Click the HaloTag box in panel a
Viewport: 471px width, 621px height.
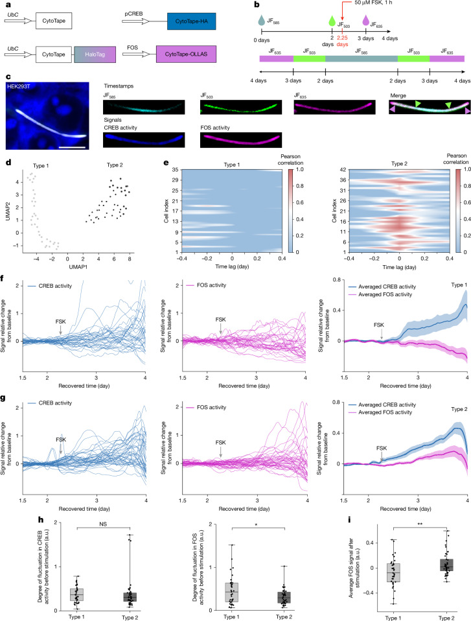tap(95, 54)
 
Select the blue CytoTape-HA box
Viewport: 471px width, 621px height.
tap(191, 21)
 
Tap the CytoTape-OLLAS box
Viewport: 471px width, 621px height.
tap(186, 54)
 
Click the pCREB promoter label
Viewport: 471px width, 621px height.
tap(133, 14)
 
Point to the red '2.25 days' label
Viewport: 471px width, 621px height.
tap(342, 41)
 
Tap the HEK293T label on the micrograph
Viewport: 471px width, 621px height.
tap(18, 86)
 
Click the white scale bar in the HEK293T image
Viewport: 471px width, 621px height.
tap(73, 147)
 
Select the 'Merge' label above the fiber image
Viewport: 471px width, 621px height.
tap(398, 95)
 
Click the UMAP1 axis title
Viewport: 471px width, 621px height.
tap(78, 267)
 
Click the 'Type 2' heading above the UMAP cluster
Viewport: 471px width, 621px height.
tap(115, 165)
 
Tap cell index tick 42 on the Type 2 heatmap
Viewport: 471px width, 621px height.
tap(343, 169)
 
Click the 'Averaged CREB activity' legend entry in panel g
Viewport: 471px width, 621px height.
tap(382, 404)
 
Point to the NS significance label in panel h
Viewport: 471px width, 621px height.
tap(103, 524)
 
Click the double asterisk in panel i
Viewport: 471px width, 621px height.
tap(420, 524)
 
